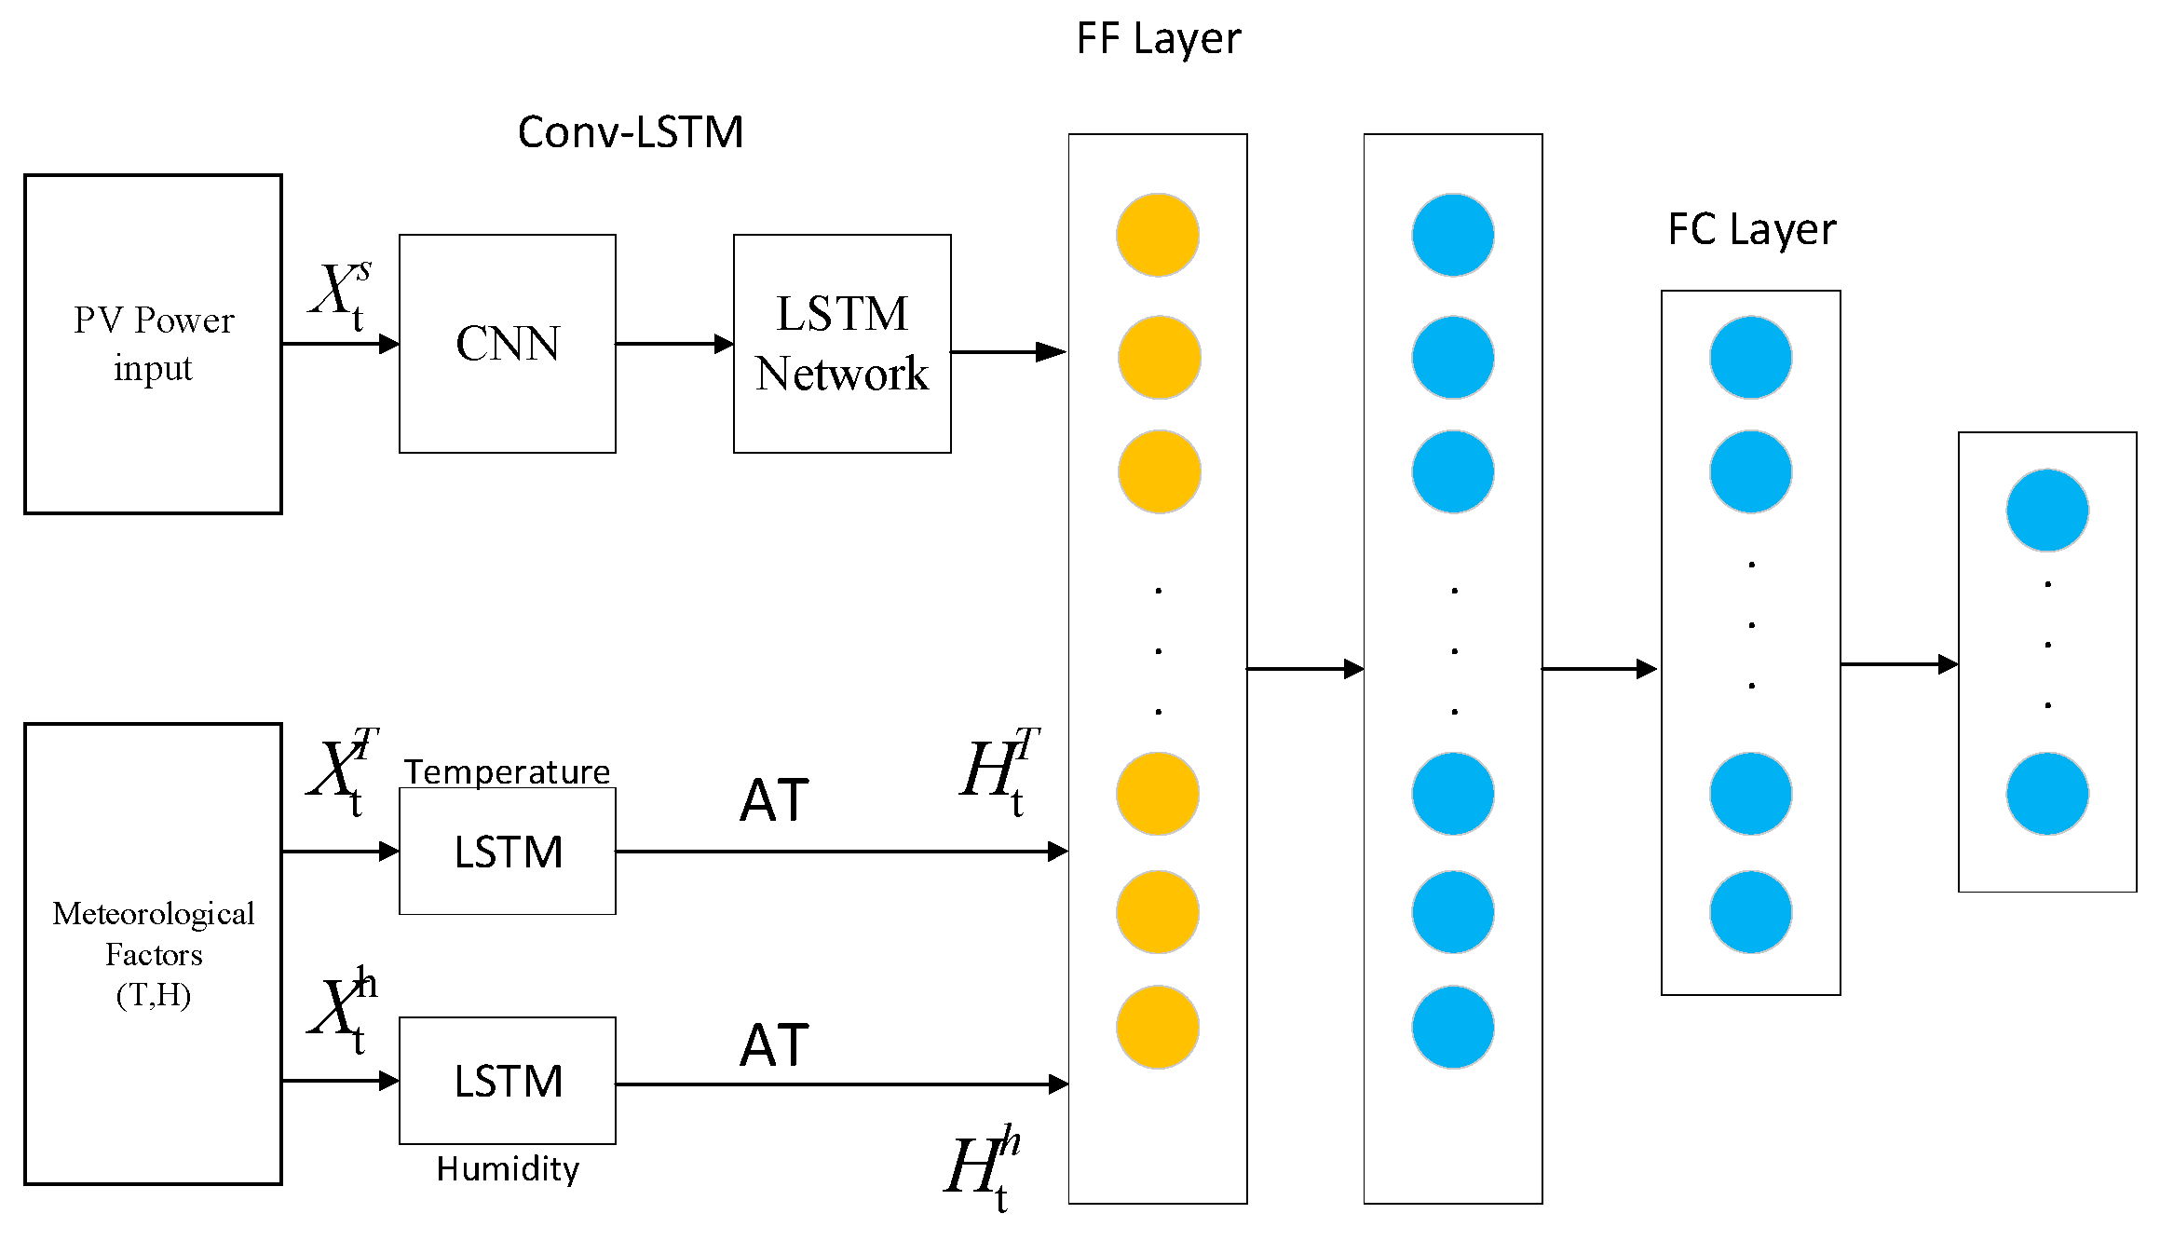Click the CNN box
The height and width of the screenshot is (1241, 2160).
[507, 343]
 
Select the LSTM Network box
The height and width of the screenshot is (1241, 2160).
[841, 343]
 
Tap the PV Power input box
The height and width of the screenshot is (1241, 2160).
[153, 343]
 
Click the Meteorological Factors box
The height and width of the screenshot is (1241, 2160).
[153, 953]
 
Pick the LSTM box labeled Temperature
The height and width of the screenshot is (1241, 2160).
[507, 851]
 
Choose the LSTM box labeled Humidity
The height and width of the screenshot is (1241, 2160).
[507, 1080]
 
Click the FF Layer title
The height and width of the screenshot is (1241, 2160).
[1158, 39]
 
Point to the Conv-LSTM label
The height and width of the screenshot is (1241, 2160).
[630, 132]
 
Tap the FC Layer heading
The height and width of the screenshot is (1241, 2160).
[1751, 229]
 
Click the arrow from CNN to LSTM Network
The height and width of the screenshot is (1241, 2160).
[673, 344]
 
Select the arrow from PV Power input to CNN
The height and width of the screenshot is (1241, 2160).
[340, 344]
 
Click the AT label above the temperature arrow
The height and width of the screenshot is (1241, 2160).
[774, 800]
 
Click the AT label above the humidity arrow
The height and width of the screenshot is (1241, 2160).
[774, 1044]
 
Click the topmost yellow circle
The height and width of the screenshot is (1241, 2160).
[1158, 235]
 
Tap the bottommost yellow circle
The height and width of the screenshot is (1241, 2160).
[1158, 1027]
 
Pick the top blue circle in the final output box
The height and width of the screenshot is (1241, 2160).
[2046, 511]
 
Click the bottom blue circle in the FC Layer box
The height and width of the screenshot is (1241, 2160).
[1750, 912]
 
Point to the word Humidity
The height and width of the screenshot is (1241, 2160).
[508, 1168]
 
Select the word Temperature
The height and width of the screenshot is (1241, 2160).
[507, 771]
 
